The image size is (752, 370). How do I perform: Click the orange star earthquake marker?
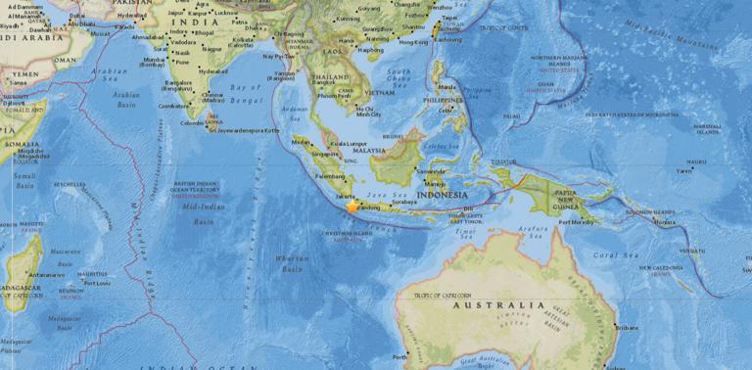352,207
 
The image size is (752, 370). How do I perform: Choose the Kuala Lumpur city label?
348,143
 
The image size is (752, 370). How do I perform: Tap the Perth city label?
399,356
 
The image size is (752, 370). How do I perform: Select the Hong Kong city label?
415,43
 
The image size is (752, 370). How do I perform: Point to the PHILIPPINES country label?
446,99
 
